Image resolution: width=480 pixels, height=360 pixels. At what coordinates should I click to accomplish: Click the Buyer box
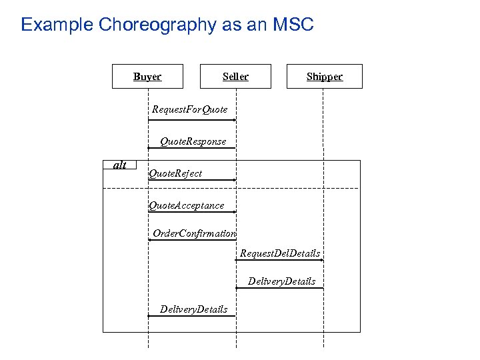(147, 77)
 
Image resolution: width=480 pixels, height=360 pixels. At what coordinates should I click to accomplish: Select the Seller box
(235, 77)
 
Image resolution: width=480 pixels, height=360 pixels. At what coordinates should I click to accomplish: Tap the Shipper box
(324, 77)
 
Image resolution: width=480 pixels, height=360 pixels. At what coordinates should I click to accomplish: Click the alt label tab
(120, 165)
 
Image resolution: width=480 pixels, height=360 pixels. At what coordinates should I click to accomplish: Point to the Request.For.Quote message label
(189, 109)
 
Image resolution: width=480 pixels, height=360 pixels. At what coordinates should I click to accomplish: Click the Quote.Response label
(193, 141)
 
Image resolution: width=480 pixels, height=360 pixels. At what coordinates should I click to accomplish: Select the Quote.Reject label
(175, 173)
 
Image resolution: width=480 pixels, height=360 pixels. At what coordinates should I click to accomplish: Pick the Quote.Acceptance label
(186, 205)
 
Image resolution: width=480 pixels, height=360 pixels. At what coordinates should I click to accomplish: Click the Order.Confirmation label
(194, 233)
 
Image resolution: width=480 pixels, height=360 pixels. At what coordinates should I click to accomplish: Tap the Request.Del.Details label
(280, 253)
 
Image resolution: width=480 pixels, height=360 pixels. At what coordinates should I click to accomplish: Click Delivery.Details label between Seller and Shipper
(281, 281)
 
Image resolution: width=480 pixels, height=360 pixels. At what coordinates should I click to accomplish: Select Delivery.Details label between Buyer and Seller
(193, 309)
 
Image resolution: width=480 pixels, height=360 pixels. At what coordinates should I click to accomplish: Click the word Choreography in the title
(157, 25)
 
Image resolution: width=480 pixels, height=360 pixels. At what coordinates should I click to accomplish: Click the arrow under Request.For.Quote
(192, 120)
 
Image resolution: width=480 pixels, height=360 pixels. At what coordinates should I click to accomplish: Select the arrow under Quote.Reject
(192, 180)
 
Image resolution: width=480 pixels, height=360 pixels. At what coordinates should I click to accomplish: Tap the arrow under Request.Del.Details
(280, 260)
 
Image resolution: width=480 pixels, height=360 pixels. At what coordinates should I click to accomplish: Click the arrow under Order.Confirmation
(192, 240)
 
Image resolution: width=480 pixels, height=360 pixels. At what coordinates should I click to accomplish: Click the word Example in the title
(57, 25)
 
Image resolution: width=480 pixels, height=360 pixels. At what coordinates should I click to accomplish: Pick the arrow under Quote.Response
(192, 147)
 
